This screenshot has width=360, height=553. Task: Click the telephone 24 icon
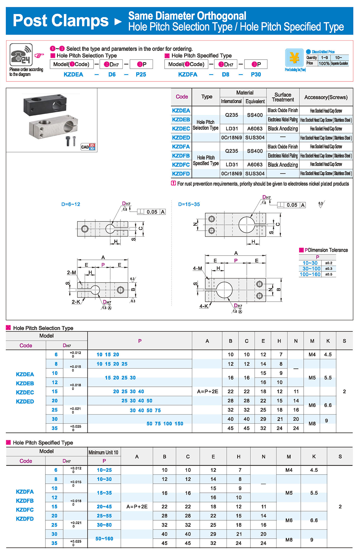[x=21, y=55]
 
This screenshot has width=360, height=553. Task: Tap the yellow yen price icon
[x=294, y=58]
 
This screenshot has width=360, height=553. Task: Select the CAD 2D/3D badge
[x=88, y=147]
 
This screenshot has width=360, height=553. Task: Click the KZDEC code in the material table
[x=181, y=129]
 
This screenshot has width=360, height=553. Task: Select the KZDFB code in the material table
[x=181, y=156]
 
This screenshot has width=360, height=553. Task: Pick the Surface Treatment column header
[x=283, y=97]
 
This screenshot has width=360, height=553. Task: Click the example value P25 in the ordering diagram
[x=141, y=75]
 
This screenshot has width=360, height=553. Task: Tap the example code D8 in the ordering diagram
[x=225, y=75]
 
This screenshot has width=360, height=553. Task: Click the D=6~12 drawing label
[x=71, y=204]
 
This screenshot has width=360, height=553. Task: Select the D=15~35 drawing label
[x=189, y=205]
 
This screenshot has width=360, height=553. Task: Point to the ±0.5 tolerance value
[x=329, y=274]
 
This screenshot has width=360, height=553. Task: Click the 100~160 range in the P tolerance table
[x=310, y=274]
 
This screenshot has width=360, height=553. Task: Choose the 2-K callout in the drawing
[x=76, y=302]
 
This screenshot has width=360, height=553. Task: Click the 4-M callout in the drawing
[x=197, y=268]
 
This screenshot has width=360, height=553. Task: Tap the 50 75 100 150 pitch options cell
[x=165, y=424]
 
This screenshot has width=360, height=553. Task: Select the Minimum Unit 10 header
[x=103, y=453]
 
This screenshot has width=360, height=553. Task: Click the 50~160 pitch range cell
[x=104, y=539]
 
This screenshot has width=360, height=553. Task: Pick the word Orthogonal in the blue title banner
[x=222, y=16]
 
